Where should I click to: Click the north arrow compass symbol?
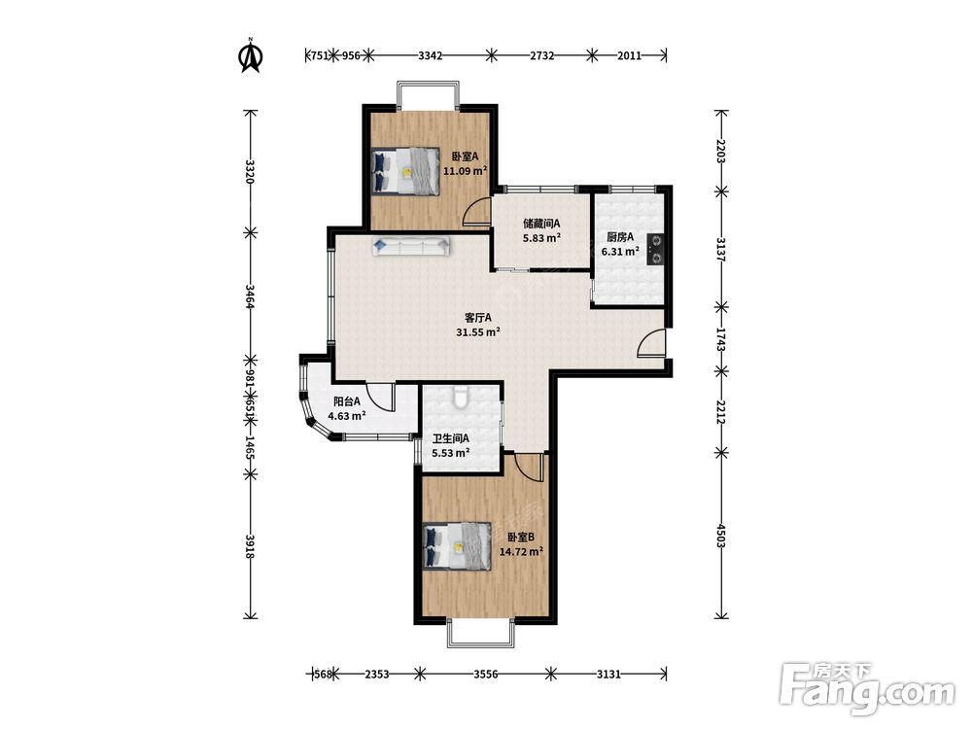[251, 55]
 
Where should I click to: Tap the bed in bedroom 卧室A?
[404, 171]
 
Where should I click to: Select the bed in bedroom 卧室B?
[456, 546]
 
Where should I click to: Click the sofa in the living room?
[411, 246]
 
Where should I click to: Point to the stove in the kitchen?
[655, 249]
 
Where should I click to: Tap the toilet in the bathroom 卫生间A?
[460, 398]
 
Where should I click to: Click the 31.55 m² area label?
[478, 332]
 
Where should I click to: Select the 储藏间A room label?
[541, 223]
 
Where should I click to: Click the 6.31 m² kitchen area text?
[620, 252]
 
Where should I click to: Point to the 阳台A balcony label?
[347, 401]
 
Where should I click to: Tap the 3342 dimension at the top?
[431, 55]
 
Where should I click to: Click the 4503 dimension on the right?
[721, 536]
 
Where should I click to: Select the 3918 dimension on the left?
[250, 546]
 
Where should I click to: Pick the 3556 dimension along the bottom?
[486, 675]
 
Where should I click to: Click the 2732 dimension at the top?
[541, 55]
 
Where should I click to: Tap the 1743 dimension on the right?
[721, 339]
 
